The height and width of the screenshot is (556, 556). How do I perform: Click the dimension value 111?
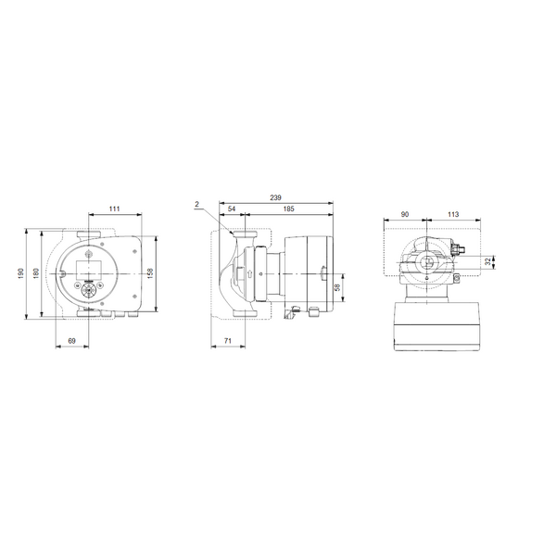click(113, 209)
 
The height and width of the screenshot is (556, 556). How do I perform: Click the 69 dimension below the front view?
click(71, 343)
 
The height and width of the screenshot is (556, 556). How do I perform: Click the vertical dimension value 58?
click(337, 289)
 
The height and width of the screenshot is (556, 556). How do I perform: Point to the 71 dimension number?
click(227, 343)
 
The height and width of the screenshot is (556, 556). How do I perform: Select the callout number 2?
click(197, 204)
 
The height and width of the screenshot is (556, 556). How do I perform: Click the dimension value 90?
click(405, 214)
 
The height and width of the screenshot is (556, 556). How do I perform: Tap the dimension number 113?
click(452, 214)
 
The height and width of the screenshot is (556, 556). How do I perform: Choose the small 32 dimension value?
click(488, 262)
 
